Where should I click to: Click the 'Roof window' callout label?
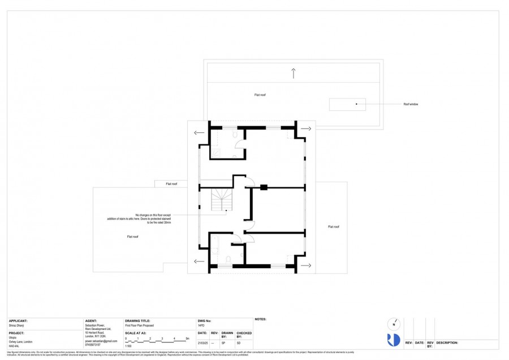pos(411,104)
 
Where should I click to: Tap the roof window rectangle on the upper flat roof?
pos(347,104)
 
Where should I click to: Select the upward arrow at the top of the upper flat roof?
pos(293,72)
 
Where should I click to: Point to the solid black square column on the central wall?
pos(264,187)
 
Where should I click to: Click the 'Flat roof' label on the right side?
pos(334,226)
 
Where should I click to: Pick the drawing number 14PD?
pos(201,325)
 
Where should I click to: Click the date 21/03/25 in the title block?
pos(202,343)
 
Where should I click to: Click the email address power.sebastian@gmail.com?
pos(101,341)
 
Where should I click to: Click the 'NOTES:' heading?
pos(261,319)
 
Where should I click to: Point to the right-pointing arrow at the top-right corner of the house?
pos(306,129)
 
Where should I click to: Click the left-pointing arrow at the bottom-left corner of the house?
pos(199,262)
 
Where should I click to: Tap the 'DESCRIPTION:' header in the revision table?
pos(447,342)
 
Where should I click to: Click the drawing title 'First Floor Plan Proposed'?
pos(139,325)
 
